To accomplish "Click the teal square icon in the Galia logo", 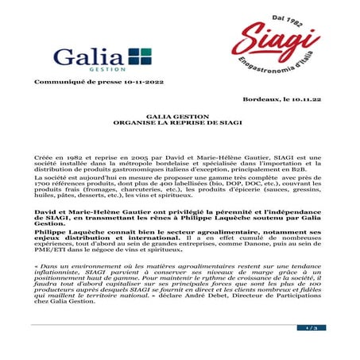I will pos(139,57).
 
